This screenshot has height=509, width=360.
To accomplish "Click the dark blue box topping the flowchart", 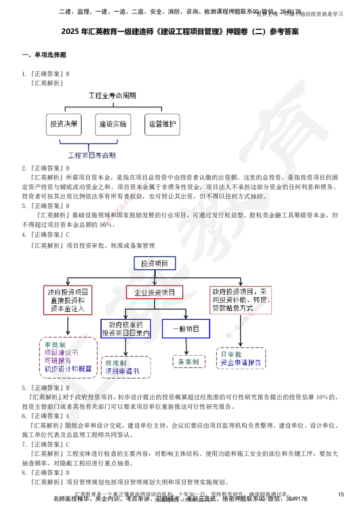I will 154,263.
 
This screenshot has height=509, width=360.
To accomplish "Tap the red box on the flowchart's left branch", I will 67,300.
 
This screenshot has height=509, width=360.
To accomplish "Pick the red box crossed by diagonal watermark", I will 241,300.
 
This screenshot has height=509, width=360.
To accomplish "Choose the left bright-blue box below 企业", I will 126,329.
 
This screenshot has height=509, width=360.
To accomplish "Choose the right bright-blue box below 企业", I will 186,329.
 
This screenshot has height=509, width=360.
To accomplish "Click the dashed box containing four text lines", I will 68,357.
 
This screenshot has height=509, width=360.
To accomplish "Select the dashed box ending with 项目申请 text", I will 126,367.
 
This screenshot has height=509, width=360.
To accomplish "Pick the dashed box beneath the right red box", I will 241,358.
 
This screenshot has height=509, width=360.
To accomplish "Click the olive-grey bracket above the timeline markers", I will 113,107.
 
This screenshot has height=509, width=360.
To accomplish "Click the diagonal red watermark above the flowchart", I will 127,202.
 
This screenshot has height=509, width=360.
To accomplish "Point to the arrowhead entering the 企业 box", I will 154,282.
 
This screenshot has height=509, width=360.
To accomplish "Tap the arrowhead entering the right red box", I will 241,282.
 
